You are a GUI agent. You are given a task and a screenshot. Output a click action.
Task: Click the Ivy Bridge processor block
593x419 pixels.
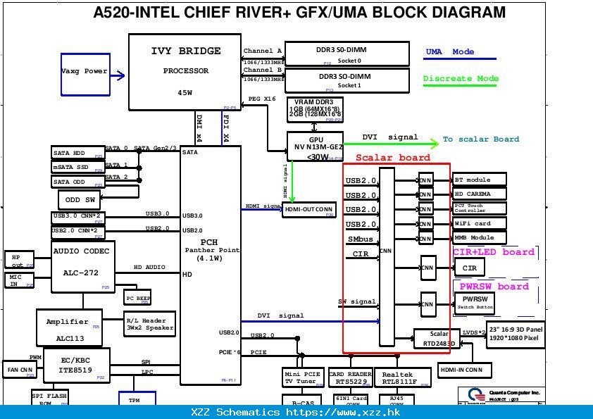[x=185, y=72]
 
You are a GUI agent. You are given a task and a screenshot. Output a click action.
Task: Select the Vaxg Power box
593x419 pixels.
[x=84, y=71]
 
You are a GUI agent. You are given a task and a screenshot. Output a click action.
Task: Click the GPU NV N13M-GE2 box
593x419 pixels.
[x=315, y=146]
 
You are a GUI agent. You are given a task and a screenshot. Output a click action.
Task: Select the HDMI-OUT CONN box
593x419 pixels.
[x=308, y=210]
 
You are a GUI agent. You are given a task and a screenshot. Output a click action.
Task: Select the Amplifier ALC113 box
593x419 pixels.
[x=70, y=327]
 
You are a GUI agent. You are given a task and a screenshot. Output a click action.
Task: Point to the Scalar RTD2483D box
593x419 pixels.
[x=439, y=339]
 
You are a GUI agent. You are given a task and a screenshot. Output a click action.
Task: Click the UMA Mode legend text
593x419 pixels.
[x=450, y=52]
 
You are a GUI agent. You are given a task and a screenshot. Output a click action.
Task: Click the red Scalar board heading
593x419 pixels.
[x=392, y=158]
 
